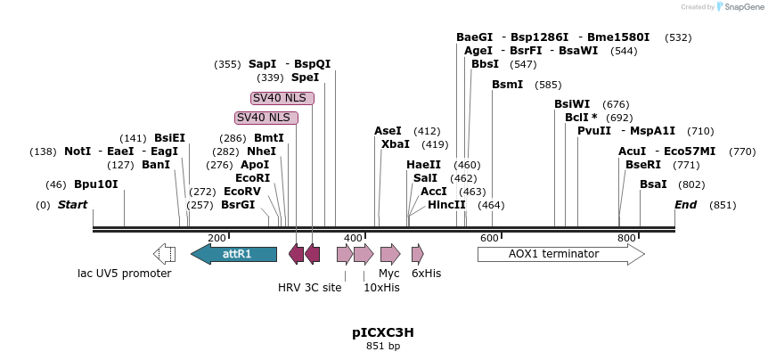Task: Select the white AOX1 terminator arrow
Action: coord(560,254)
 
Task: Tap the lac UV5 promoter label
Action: coord(124,274)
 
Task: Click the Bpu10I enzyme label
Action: coord(95,184)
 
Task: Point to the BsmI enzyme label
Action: coord(508,85)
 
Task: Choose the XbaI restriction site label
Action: coord(396,144)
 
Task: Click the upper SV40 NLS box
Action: coord(279,98)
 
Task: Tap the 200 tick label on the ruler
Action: coord(217,238)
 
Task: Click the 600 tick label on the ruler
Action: coord(489,238)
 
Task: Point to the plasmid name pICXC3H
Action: coord(383,332)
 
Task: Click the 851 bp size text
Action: coord(383,346)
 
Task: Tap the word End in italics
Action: coord(685,205)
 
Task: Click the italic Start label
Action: coord(73,205)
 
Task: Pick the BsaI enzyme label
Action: coord(653,184)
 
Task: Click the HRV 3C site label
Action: coord(309,287)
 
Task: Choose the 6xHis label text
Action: coord(426,274)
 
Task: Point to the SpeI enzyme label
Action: coord(305,78)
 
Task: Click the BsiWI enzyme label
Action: coord(572,104)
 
